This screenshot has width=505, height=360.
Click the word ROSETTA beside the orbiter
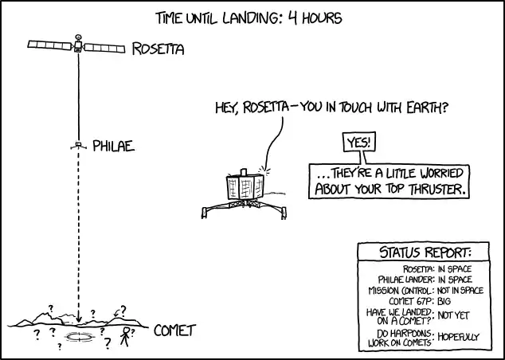tap(159, 49)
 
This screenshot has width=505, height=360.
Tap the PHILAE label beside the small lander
tap(113, 146)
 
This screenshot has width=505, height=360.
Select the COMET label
tap(174, 331)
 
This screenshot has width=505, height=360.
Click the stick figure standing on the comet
tap(125, 336)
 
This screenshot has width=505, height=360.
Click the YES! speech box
tap(359, 142)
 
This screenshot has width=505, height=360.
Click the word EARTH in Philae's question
tap(427, 108)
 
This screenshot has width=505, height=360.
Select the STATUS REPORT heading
tap(425, 252)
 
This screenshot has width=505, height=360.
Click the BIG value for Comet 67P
tap(444, 301)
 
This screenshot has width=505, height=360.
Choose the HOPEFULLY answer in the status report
tap(458, 337)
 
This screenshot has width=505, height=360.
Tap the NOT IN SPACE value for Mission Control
tap(460, 291)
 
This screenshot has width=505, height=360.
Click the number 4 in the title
tap(292, 18)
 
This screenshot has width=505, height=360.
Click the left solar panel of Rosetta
tap(50, 45)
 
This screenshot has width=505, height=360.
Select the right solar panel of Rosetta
tap(104, 49)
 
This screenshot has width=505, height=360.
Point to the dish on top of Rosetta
tap(78, 37)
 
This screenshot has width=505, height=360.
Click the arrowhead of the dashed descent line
tap(78, 319)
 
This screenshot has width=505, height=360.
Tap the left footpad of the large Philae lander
tap(204, 213)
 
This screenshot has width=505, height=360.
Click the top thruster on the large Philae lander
tap(244, 172)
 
